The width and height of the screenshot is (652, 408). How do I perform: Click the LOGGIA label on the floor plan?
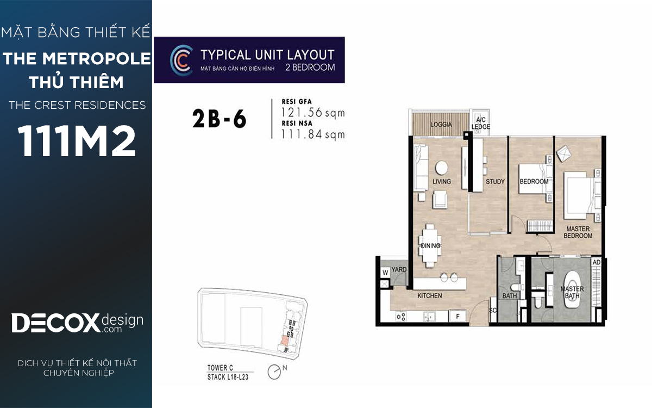[x=441, y=125]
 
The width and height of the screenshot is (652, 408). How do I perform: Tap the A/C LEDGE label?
[x=480, y=123]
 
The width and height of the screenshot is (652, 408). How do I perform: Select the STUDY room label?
[x=495, y=182]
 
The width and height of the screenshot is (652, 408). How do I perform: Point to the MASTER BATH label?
[x=572, y=292]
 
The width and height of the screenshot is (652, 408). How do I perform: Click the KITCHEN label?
[x=430, y=295]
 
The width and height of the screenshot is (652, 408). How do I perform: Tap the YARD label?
[x=399, y=270]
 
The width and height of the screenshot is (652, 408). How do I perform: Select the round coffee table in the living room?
[x=442, y=168]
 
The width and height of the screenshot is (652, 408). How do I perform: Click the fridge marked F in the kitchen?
[x=458, y=316]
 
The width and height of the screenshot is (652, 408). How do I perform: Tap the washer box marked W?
[x=385, y=273]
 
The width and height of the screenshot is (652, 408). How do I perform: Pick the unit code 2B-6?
[x=220, y=119]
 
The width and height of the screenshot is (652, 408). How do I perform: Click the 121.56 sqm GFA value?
[x=313, y=113]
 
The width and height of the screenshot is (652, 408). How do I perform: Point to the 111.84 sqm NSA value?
[x=313, y=134]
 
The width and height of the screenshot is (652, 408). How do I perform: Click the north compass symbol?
[x=274, y=372]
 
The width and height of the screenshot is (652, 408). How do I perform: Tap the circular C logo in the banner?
[x=181, y=60]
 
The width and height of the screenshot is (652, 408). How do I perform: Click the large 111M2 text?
[x=77, y=141]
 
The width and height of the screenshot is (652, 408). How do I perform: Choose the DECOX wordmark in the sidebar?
[x=55, y=323]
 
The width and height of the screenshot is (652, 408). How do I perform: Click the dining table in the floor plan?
[x=430, y=246]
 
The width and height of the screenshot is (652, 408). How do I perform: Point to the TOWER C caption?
[x=220, y=368]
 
